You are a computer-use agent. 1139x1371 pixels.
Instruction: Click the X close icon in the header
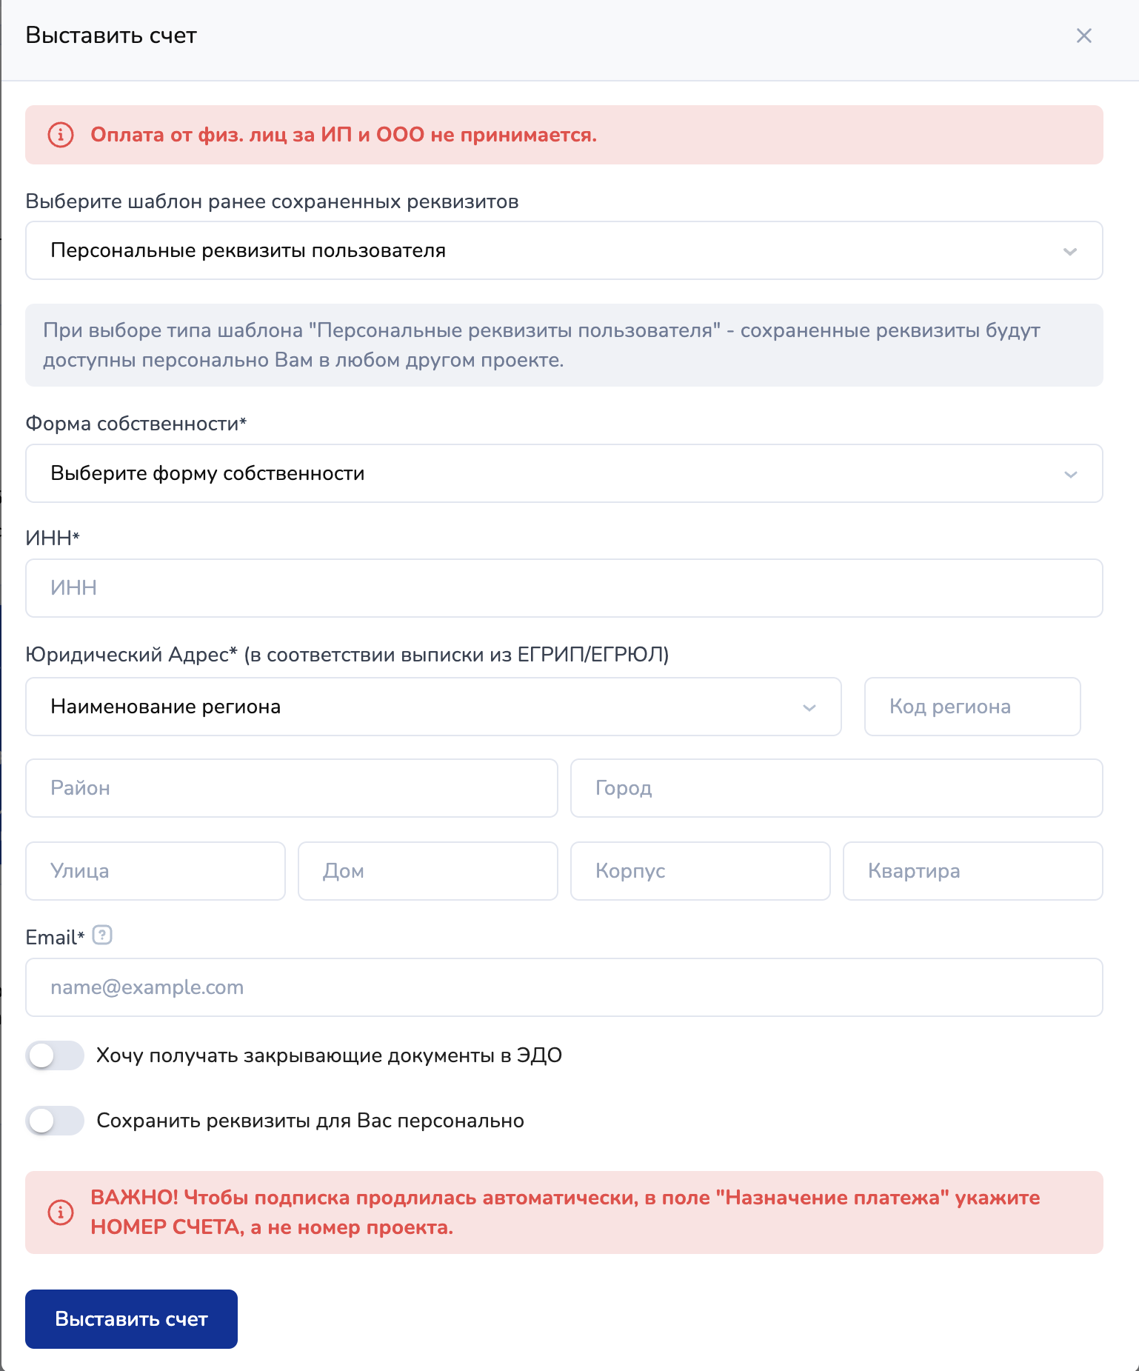click(x=1083, y=36)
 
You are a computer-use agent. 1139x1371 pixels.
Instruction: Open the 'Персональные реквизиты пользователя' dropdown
click(x=564, y=250)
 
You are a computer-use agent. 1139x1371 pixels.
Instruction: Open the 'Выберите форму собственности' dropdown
click(x=564, y=473)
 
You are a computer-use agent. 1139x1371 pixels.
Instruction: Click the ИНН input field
click(x=564, y=588)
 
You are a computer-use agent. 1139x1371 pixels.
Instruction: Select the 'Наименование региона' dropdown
click(x=433, y=707)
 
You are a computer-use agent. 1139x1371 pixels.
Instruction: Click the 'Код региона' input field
click(x=972, y=707)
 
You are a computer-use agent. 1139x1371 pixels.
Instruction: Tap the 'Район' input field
click(x=291, y=788)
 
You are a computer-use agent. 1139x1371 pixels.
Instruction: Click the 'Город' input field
click(x=836, y=788)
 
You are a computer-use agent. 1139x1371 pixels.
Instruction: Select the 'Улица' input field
click(x=155, y=871)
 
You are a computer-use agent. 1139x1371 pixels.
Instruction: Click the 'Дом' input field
click(x=427, y=871)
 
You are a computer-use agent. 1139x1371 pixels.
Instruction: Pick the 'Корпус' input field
click(x=700, y=871)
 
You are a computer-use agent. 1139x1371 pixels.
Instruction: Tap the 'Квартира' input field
click(x=972, y=871)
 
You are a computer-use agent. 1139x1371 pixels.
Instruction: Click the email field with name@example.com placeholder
click(x=564, y=987)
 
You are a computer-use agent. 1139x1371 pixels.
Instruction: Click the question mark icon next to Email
click(x=102, y=935)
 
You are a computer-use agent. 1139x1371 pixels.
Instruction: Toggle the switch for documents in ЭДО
click(x=55, y=1055)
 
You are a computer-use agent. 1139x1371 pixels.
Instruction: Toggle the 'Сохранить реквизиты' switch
click(x=55, y=1121)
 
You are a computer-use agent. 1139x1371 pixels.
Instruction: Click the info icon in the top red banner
click(x=61, y=135)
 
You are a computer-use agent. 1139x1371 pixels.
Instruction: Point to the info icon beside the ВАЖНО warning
click(x=61, y=1212)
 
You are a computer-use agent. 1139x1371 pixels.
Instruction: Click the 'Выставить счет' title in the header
click(x=111, y=36)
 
